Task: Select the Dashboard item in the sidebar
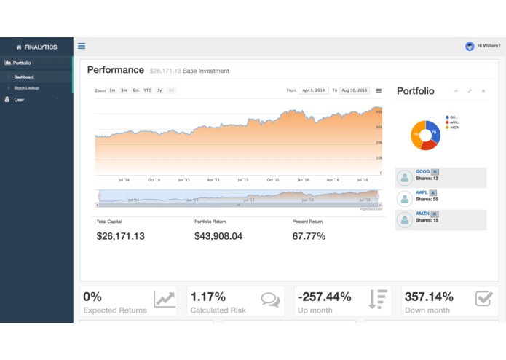pos(23,77)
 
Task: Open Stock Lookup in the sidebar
pos(26,88)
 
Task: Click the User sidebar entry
pos(19,100)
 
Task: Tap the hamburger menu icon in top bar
pos(82,46)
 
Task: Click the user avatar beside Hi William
pos(470,46)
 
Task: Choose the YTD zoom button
pos(148,90)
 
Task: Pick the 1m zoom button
pos(112,90)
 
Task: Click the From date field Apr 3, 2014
pos(314,90)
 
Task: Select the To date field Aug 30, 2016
pos(355,90)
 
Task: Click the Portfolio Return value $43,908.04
pos(218,236)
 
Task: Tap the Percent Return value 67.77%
pos(309,236)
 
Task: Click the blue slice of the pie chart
pos(433,131)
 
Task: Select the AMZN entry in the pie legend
pos(454,128)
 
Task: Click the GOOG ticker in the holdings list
pos(423,171)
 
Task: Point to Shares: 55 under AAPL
pos(427,199)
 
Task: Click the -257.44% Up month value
pos(325,297)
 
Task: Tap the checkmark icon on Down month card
pos(483,299)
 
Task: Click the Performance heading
pos(116,70)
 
